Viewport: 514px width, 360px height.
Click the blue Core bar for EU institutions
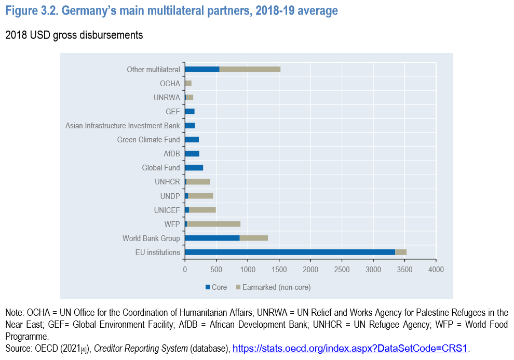coord(290,252)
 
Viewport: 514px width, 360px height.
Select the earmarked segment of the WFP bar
coord(213,224)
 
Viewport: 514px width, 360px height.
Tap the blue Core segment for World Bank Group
coord(212,238)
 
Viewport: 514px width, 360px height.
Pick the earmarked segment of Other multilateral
coord(250,69)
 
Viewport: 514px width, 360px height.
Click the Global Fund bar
coord(194,168)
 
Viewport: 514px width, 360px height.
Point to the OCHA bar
coord(188,83)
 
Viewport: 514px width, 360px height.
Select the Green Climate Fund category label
coord(148,140)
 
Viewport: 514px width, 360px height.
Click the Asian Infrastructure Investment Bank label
coord(123,126)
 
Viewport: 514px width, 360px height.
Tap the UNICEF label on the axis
coord(167,210)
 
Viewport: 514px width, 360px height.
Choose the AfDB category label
coord(171,154)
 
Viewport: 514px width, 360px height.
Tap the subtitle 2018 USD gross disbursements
coord(74,35)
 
